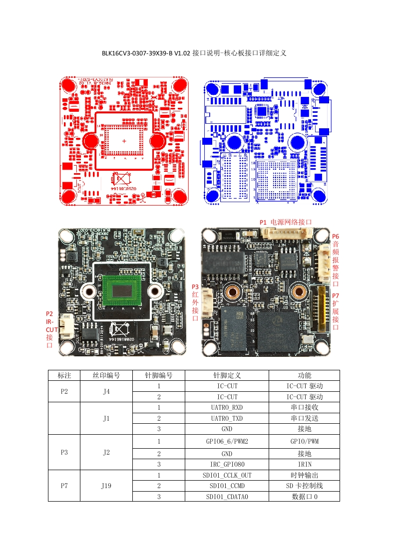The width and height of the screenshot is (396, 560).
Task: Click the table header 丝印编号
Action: (x=106, y=375)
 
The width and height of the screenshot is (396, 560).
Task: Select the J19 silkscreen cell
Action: (x=106, y=486)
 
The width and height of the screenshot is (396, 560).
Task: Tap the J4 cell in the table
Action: (x=106, y=391)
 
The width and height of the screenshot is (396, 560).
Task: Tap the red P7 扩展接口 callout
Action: (x=336, y=311)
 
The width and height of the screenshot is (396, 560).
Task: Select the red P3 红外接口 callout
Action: (x=195, y=302)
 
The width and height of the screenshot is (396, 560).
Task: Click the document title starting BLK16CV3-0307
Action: (x=193, y=52)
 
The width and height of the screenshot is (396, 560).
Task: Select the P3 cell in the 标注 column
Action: (x=64, y=452)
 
